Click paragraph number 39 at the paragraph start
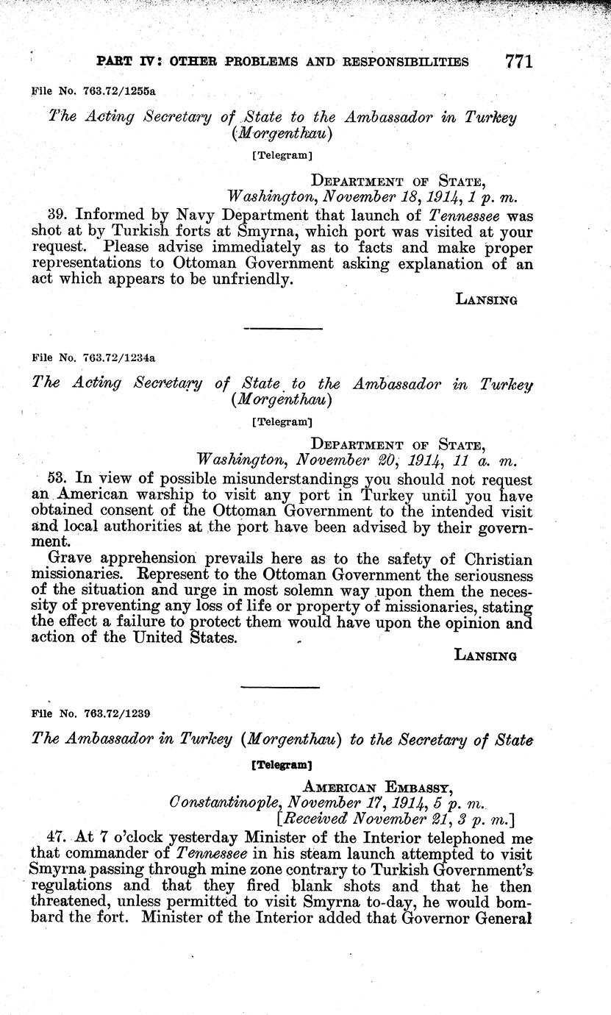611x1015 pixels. click(x=57, y=216)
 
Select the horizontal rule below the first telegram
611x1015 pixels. click(x=282, y=328)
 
